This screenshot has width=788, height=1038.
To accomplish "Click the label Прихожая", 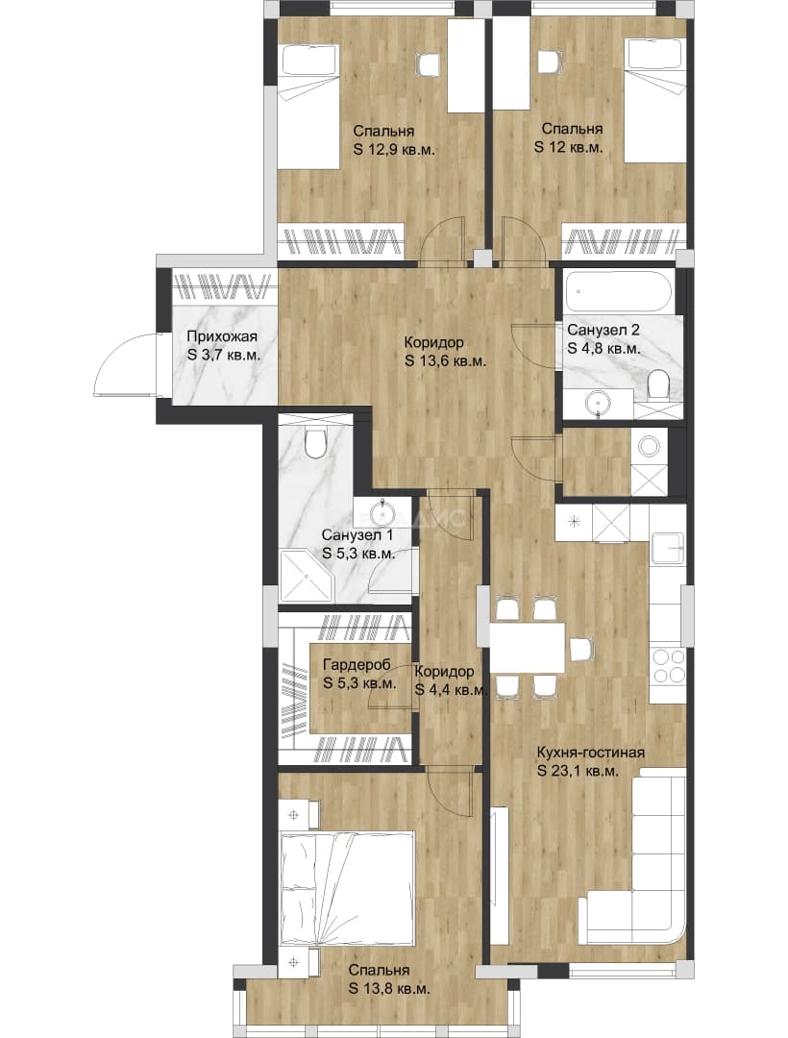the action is [221, 337].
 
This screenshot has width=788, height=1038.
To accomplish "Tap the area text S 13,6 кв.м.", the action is [446, 361].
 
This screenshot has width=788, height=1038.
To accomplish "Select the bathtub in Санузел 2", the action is [620, 291].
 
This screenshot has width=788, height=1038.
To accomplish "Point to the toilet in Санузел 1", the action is [314, 441].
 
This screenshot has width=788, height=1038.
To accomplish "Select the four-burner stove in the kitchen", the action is [668, 665].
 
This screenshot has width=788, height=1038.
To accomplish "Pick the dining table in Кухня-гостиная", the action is [528, 648].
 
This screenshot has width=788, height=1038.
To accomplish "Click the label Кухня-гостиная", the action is [590, 753].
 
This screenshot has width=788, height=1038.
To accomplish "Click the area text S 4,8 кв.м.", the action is [603, 348].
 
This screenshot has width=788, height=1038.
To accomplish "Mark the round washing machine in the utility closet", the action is [649, 446].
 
